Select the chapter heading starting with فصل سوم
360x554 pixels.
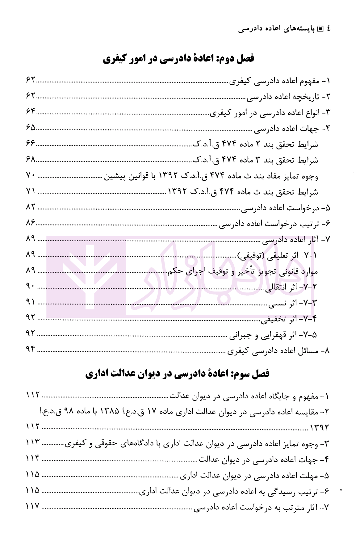tap(178, 374)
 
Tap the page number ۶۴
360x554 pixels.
tap(31, 112)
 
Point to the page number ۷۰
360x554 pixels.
tap(31, 175)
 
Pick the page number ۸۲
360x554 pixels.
tap(31, 207)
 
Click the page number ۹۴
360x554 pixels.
tap(31, 349)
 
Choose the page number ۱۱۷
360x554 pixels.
tap(33, 506)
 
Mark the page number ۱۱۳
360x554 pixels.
tap(33, 443)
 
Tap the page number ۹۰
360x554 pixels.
tap(31, 286)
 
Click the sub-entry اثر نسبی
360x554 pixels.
tap(292, 303)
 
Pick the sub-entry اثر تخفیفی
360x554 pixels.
tap(289, 319)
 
